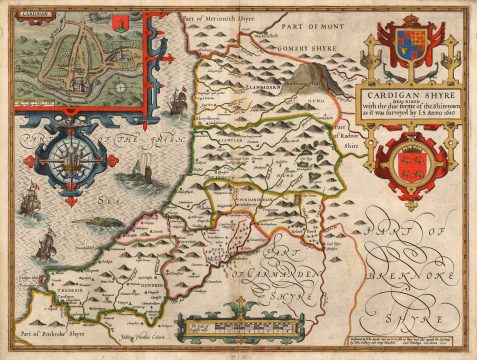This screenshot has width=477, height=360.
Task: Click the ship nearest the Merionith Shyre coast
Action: [x=179, y=100]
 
